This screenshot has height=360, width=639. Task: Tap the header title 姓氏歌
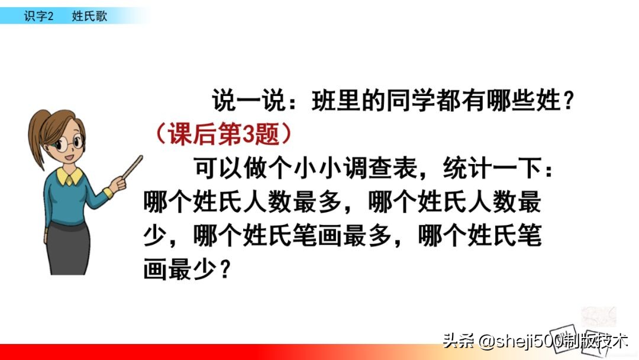[89, 17]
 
